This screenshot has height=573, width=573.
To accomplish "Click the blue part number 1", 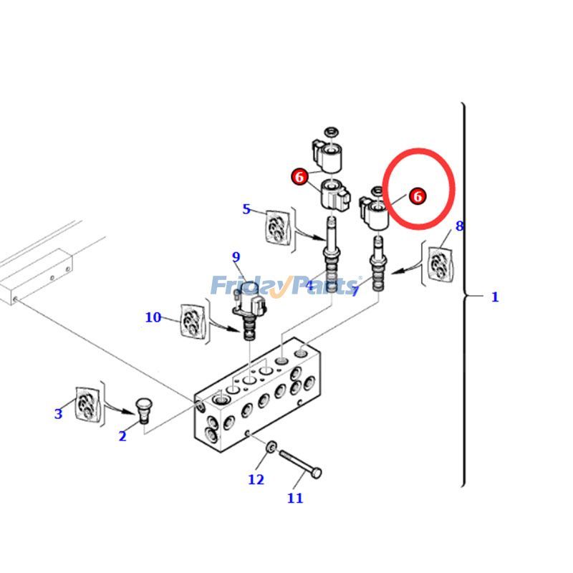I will (494, 297).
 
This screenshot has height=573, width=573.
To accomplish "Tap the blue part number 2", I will (122, 435).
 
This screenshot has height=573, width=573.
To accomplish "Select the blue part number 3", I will (58, 413).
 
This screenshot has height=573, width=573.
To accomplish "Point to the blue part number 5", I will (246, 209).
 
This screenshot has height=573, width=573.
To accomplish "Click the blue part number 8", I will (459, 226).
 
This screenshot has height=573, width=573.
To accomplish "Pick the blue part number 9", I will (236, 257).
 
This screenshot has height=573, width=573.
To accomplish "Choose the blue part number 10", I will (153, 317).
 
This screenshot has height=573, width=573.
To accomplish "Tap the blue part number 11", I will (295, 498).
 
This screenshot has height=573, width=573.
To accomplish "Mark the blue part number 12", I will (256, 479).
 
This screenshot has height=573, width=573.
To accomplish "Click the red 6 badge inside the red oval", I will (418, 196).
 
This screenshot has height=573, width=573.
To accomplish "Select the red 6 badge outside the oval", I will (299, 175).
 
